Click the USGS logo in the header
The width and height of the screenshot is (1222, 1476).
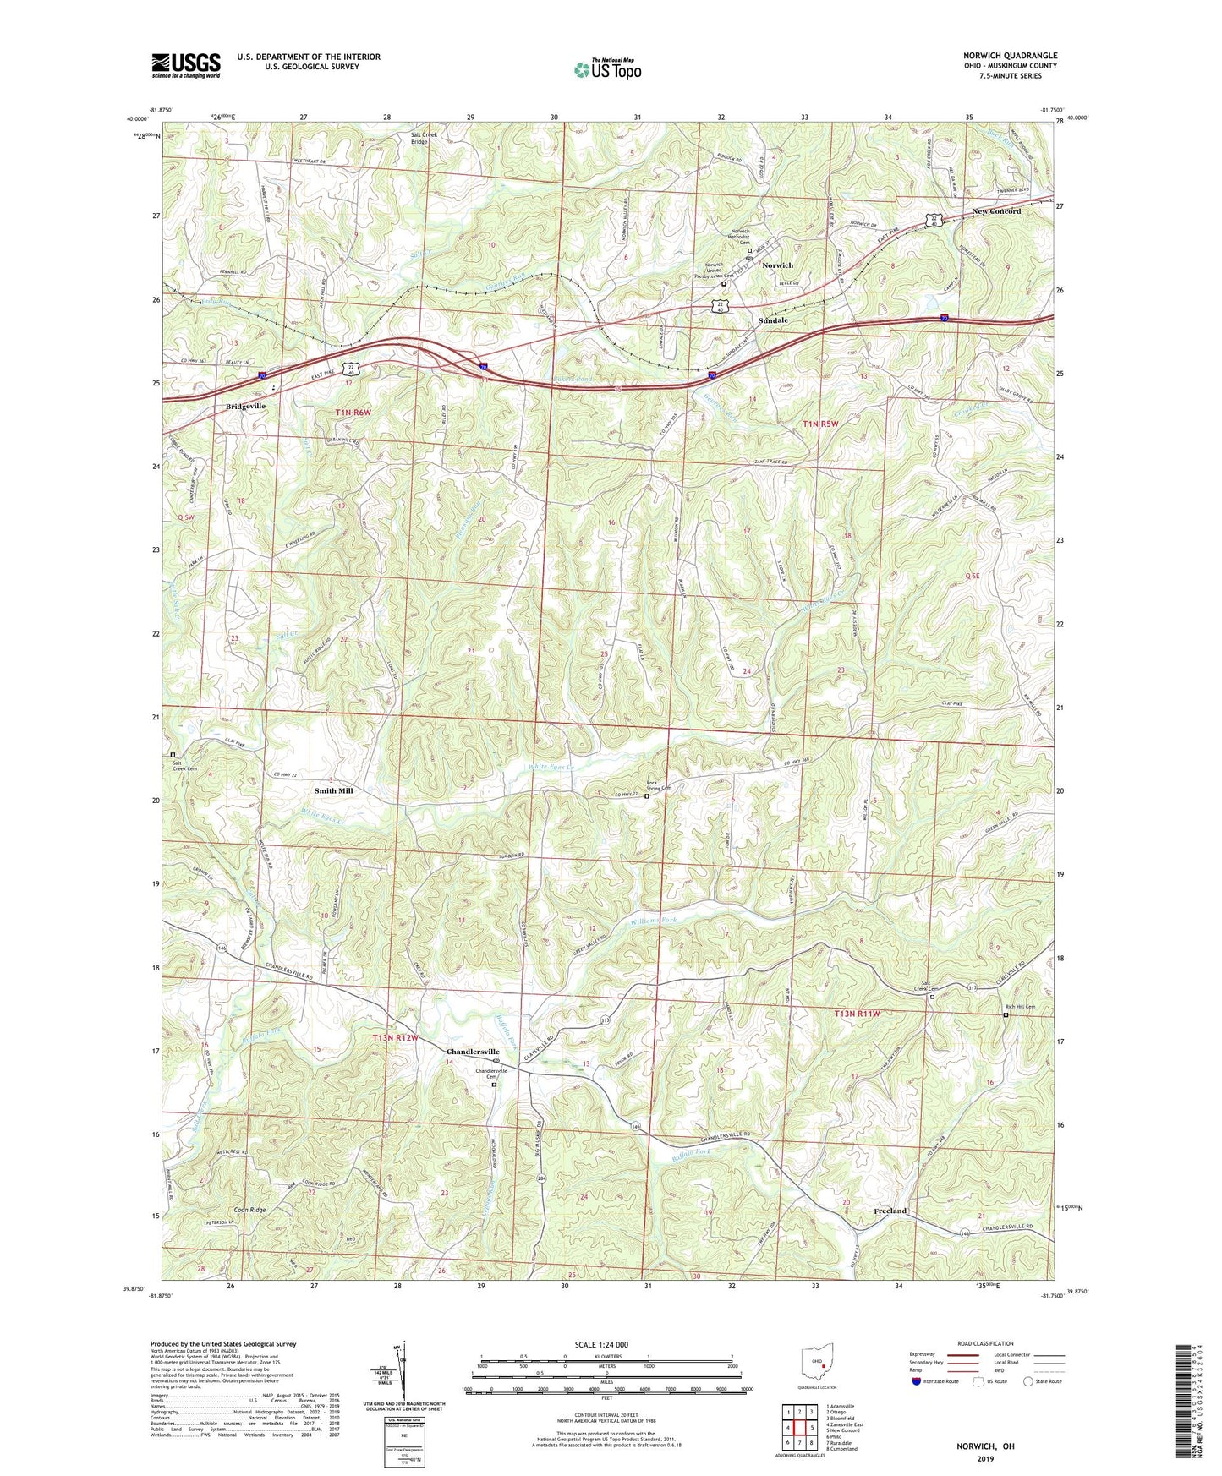(185, 64)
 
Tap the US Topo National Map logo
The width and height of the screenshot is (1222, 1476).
(607, 68)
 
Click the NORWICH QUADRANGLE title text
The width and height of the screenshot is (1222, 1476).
(1010, 56)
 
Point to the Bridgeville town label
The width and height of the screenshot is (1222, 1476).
(245, 407)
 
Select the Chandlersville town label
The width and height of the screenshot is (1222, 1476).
(473, 1052)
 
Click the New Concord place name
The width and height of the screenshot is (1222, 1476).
(996, 211)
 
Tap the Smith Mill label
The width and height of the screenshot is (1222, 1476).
(333, 790)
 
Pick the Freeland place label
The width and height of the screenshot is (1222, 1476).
(890, 1211)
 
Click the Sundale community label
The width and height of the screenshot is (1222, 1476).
(773, 321)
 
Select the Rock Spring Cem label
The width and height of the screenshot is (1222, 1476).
(659, 786)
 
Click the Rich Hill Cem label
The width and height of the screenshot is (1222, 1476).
(1019, 1007)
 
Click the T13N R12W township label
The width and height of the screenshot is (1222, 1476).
(397, 1036)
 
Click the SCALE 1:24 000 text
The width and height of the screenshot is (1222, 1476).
(600, 1345)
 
